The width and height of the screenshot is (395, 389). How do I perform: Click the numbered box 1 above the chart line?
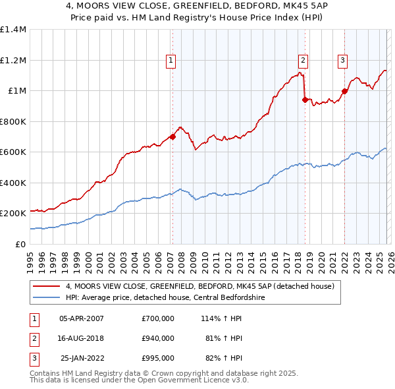(171, 61)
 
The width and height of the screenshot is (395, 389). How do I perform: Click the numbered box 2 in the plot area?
(303, 61)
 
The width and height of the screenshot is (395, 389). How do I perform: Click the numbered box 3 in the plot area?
(343, 61)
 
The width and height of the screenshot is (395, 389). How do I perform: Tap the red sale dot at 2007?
(172, 137)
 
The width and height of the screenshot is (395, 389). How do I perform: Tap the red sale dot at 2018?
(305, 100)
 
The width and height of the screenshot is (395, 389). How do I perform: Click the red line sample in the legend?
(47, 286)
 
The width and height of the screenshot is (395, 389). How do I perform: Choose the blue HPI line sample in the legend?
(47, 297)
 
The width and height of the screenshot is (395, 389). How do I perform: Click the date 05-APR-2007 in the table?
(81, 318)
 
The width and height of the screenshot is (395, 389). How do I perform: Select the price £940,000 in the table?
(158, 338)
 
